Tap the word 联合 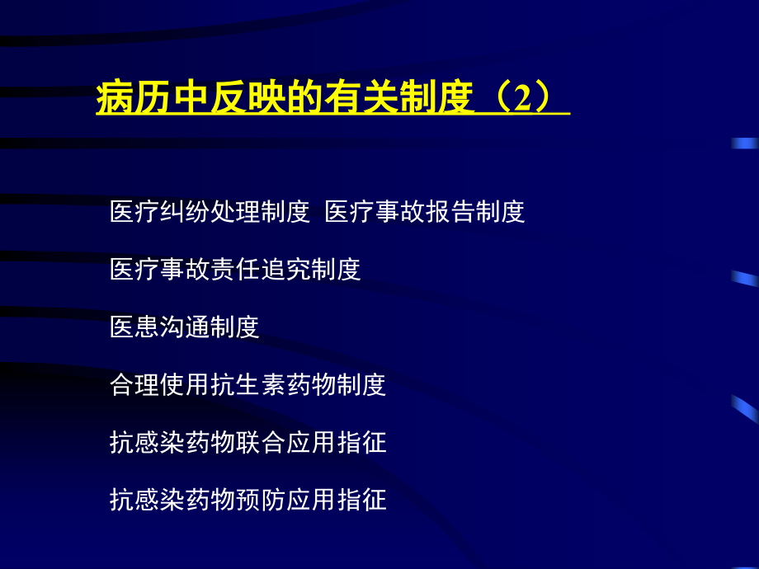(260, 443)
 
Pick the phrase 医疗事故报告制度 (425, 213)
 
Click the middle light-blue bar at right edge (744, 279)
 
